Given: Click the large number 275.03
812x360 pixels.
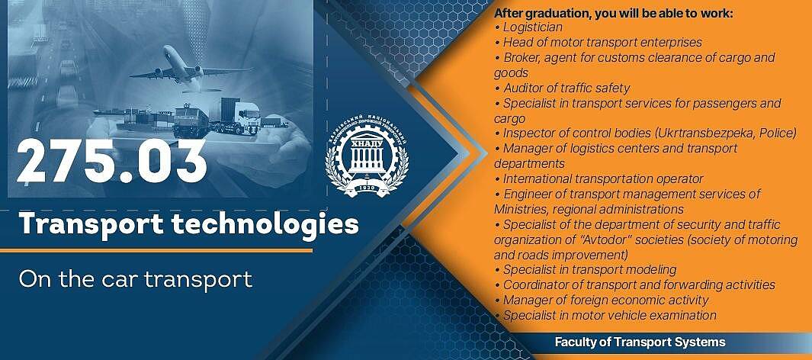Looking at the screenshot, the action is (x=112, y=161).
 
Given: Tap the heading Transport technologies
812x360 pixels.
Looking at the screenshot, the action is (x=188, y=223).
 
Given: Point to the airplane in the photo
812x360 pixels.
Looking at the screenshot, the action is (x=187, y=68).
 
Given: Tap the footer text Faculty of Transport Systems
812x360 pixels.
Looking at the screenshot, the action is (x=640, y=342).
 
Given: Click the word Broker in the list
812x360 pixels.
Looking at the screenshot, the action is (x=521, y=57).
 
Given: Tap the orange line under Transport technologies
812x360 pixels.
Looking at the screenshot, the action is (x=156, y=251).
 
